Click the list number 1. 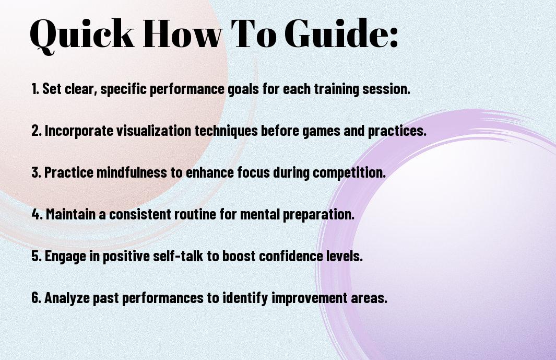35,89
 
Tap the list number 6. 37,297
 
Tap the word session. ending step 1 386,89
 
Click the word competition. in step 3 349,172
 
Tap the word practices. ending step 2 397,131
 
